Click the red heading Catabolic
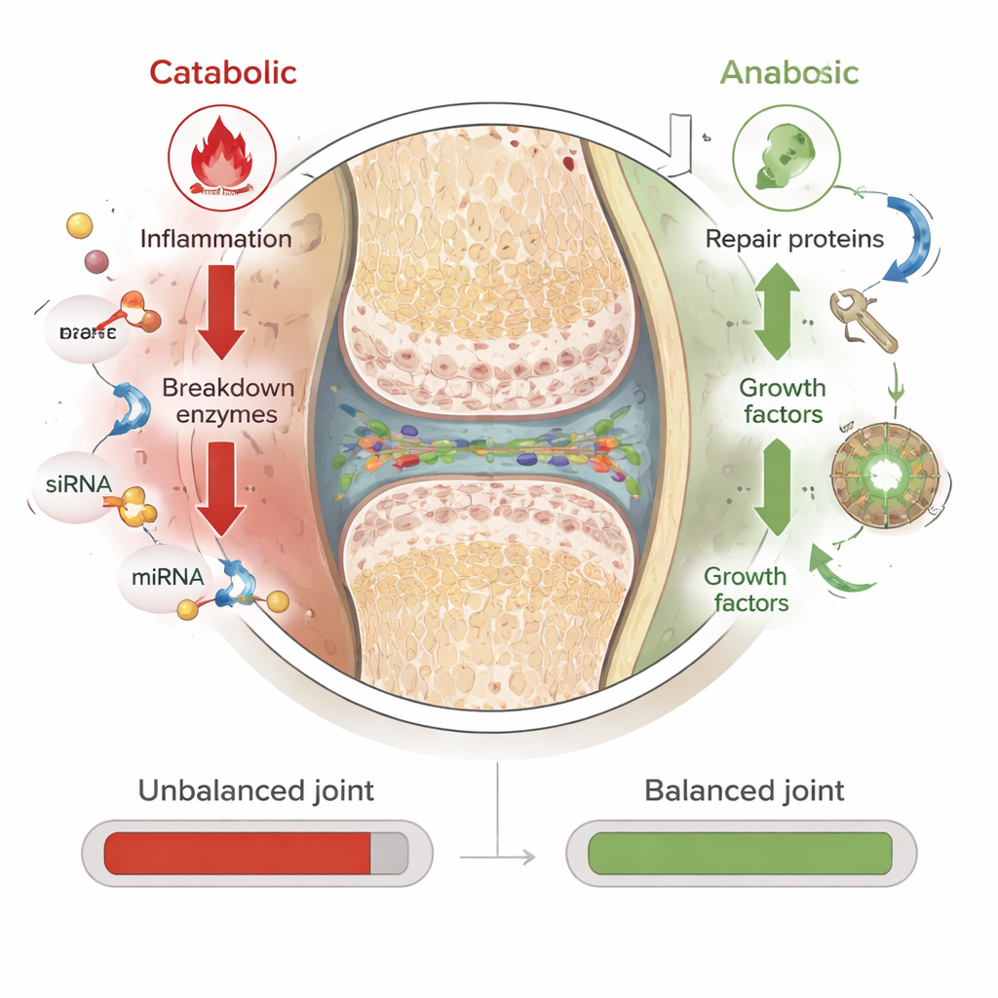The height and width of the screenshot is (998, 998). tap(223, 72)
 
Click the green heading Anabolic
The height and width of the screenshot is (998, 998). tap(789, 72)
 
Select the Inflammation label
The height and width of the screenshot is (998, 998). tap(215, 238)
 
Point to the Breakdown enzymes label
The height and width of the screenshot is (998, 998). tap(228, 401)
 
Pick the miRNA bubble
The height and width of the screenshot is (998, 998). tap(167, 576)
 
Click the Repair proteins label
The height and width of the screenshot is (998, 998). tap(795, 239)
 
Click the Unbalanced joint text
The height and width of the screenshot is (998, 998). tap(256, 789)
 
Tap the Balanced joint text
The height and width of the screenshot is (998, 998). tap(745, 789)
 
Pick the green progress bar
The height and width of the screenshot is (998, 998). tap(740, 853)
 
